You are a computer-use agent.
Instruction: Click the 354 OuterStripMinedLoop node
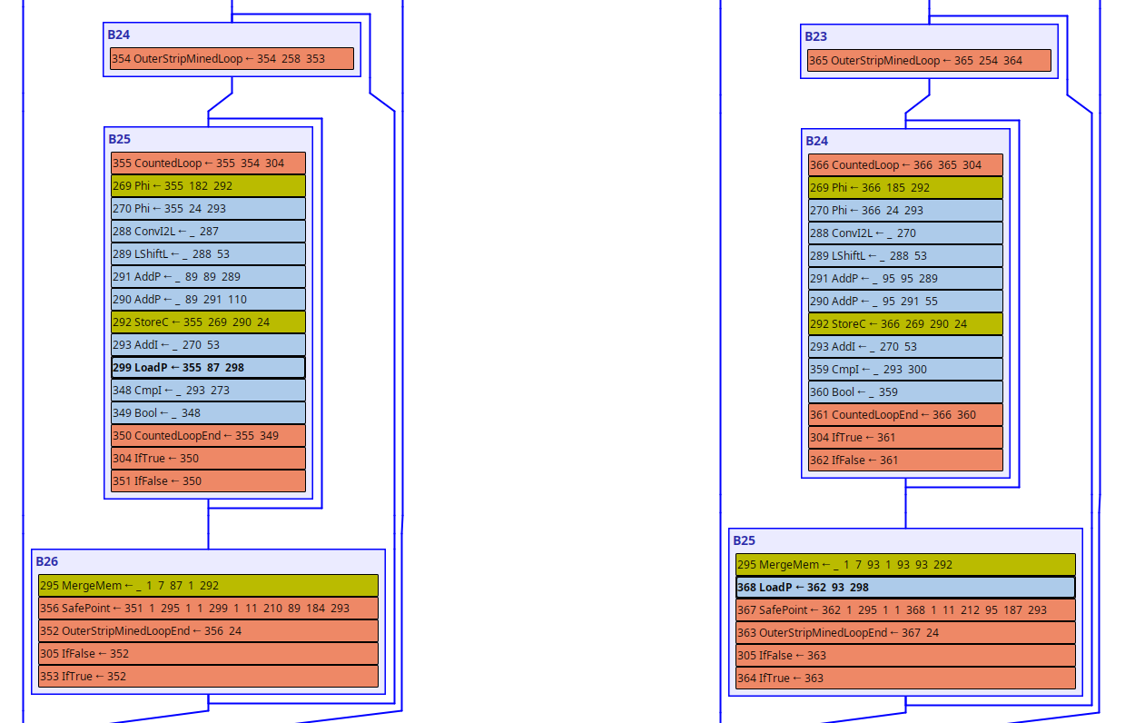pos(232,59)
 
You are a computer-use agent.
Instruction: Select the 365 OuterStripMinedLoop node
pos(929,61)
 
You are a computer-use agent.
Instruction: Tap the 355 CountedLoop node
pos(208,163)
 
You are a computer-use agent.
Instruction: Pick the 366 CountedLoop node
pos(905,165)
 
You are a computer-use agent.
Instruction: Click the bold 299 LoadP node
pos(208,368)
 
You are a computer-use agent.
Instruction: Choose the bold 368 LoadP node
pos(905,588)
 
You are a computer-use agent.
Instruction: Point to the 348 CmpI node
pos(208,391)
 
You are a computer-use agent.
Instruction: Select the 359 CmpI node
pos(905,370)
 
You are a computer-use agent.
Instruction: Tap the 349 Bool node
pos(208,413)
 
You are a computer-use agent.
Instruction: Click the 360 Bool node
pos(905,392)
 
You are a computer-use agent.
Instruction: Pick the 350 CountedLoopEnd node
pos(208,436)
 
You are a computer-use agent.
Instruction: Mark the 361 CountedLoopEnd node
pos(905,415)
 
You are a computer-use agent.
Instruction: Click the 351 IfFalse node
pos(208,481)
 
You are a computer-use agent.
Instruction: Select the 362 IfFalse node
pos(905,461)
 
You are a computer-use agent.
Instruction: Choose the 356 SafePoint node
pos(208,609)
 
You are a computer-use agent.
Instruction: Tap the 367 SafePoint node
pos(905,610)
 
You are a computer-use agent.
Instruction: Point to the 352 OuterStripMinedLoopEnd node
pos(208,631)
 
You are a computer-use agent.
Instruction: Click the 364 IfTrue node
pos(905,678)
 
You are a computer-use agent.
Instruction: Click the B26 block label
pos(47,562)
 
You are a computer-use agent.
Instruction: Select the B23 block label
pos(815,37)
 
